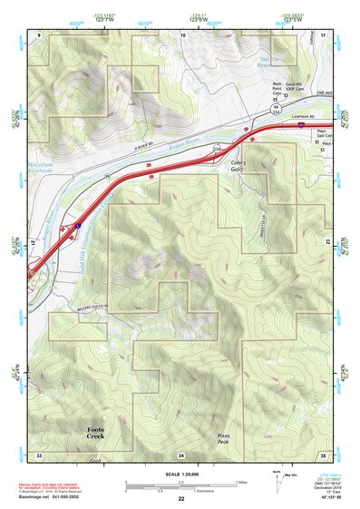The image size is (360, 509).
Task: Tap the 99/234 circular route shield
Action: pyautogui.click(x=277, y=109)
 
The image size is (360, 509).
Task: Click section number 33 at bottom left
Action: pyautogui.click(x=39, y=454)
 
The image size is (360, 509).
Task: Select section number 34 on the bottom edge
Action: pyautogui.click(x=181, y=454)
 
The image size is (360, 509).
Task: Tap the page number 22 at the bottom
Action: pyautogui.click(x=181, y=498)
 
